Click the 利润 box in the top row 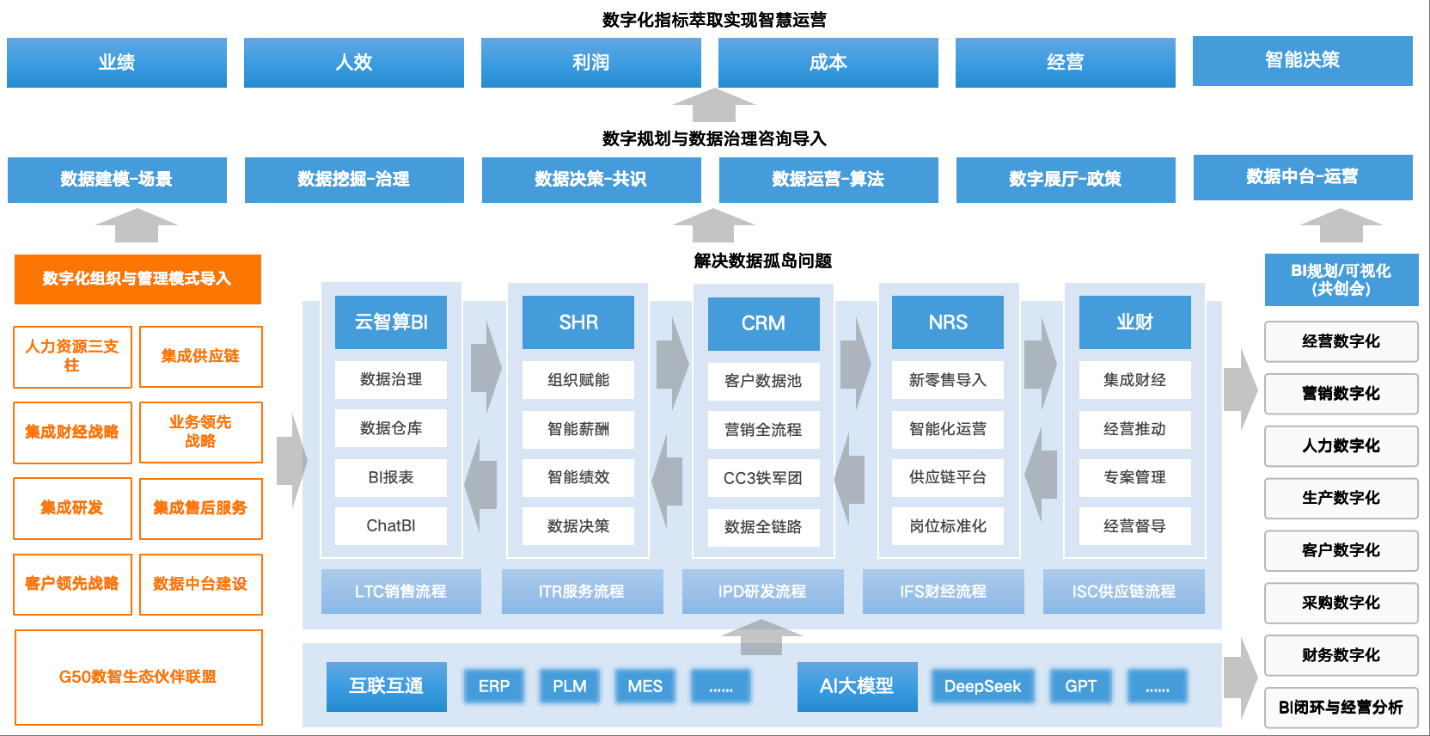tap(590, 63)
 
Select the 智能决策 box tap(1302, 60)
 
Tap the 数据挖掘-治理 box tap(354, 180)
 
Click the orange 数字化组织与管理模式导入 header tap(137, 279)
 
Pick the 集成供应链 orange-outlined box tap(200, 356)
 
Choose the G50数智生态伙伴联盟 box tap(138, 677)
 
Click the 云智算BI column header tap(391, 322)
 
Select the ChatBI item tap(391, 525)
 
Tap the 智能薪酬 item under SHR tap(578, 428)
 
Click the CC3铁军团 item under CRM tap(763, 478)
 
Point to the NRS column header tap(948, 322)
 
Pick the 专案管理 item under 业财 tap(1134, 477)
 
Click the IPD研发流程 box tap(762, 592)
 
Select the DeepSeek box tap(982, 686)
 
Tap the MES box tap(645, 686)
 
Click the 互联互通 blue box tap(386, 686)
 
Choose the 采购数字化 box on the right tap(1341, 603)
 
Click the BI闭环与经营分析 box tap(1341, 708)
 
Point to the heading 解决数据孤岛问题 tap(763, 261)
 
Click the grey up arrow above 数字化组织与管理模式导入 tap(137, 226)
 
